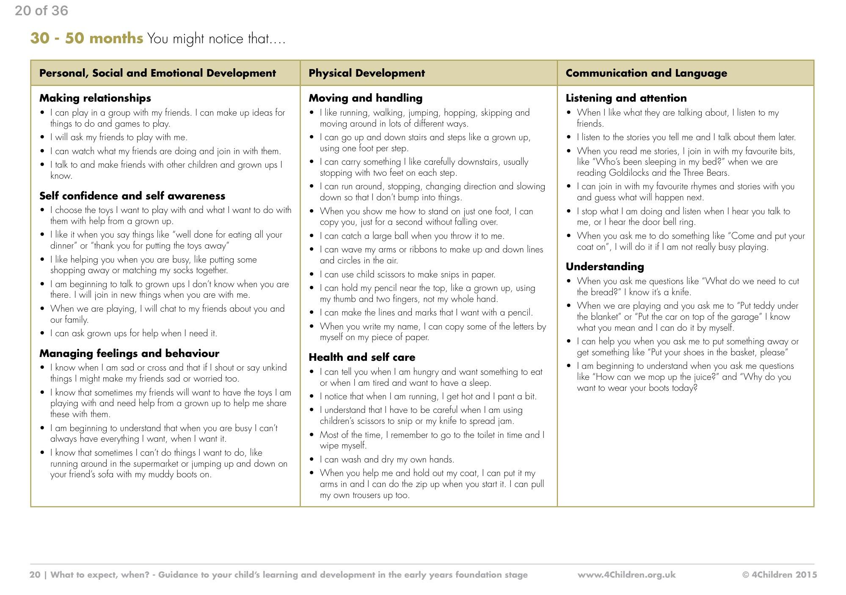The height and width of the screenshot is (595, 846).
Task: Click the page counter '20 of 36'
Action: pyautogui.click(x=41, y=11)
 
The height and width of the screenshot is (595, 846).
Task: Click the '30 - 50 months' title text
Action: pyautogui.click(x=86, y=39)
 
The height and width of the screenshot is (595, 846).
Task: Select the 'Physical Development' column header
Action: pyautogui.click(x=367, y=73)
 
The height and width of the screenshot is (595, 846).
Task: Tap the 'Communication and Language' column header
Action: pyautogui.click(x=646, y=73)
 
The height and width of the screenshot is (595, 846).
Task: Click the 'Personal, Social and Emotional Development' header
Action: pyautogui.click(x=157, y=73)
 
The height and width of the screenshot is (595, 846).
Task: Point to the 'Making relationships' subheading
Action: pyautogui.click(x=95, y=98)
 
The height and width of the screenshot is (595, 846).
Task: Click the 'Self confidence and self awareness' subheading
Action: pyautogui.click(x=132, y=196)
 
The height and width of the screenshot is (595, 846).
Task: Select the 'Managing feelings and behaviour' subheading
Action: pyautogui.click(x=129, y=353)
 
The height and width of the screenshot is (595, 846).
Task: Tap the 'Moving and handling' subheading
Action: pyautogui.click(x=365, y=98)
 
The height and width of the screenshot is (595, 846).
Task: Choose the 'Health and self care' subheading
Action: pyautogui.click(x=362, y=357)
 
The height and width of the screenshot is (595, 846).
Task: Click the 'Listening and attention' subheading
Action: pyautogui.click(x=626, y=98)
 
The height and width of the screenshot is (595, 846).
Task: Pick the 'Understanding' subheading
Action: pyautogui.click(x=604, y=266)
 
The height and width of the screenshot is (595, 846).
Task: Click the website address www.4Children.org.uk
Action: pyautogui.click(x=626, y=575)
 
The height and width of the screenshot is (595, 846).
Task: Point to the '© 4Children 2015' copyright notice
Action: pyautogui.click(x=780, y=575)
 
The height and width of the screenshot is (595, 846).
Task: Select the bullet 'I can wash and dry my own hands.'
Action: pyautogui.click(x=386, y=459)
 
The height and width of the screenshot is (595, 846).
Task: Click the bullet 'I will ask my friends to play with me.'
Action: pyautogui.click(x=118, y=137)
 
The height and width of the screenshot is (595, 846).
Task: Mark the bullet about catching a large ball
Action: pyautogui.click(x=412, y=236)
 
